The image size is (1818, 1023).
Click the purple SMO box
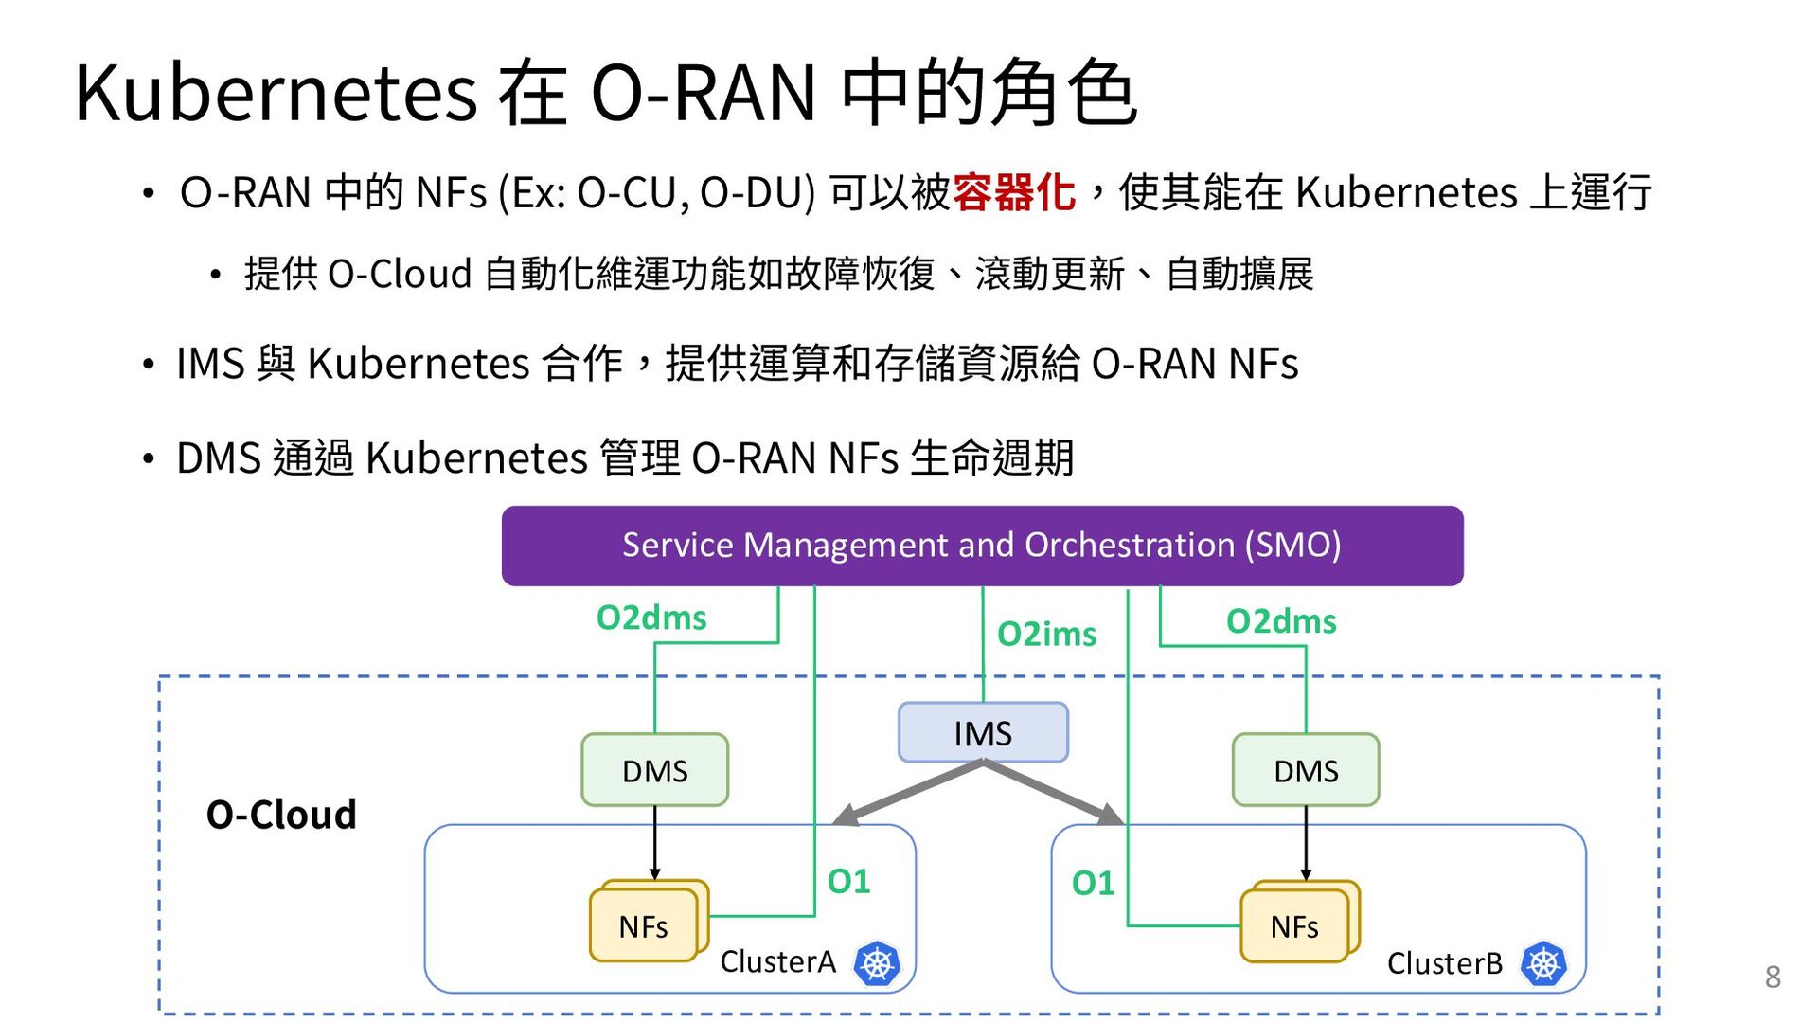tap(982, 546)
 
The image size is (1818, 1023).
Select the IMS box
tap(983, 732)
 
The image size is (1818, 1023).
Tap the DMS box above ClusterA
tap(655, 770)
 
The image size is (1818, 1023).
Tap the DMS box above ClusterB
tap(1306, 770)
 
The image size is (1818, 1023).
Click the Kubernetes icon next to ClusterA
tap(877, 964)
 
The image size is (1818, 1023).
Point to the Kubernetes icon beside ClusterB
tap(1543, 964)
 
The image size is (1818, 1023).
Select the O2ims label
tap(1046, 634)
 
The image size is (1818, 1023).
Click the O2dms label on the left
tap(651, 618)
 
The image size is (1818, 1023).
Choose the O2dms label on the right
tap(1281, 621)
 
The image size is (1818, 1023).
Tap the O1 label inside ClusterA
tap(848, 882)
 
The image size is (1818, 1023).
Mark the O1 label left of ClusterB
tap(1093, 884)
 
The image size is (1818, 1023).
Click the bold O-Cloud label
tap(281, 815)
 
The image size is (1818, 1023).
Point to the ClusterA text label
tap(777, 962)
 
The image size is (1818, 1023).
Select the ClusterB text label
tap(1445, 963)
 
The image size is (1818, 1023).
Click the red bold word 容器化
tap(1014, 193)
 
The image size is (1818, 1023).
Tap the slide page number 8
tap(1773, 977)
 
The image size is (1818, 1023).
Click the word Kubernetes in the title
tap(276, 93)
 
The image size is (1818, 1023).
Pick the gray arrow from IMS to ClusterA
tap(907, 793)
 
